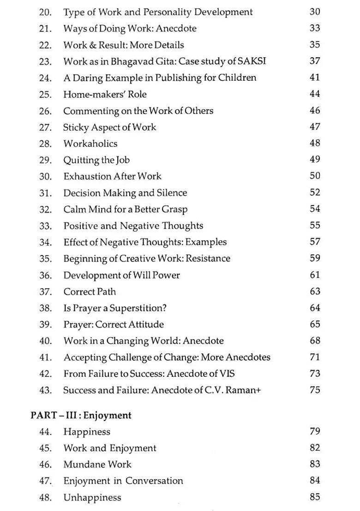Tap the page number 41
315,77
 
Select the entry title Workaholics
90,143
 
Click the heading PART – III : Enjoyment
81,415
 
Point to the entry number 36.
45,275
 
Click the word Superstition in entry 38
138,308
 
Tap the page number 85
315,497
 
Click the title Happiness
87,432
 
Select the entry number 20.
45,12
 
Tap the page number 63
315,291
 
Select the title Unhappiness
92,498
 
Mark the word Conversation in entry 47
154,481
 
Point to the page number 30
315,12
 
